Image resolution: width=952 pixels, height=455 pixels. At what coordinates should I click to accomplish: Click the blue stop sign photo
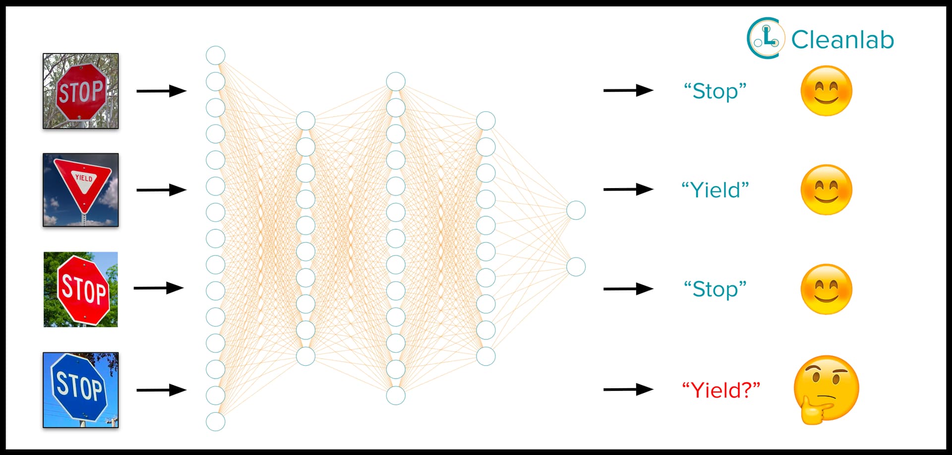pyautogui.click(x=80, y=390)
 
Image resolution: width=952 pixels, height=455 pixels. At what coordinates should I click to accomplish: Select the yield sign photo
pyautogui.click(x=80, y=190)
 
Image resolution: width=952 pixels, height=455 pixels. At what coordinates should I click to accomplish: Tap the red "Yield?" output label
pyautogui.click(x=720, y=390)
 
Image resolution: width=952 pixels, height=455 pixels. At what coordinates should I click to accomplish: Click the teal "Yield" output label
pyautogui.click(x=715, y=190)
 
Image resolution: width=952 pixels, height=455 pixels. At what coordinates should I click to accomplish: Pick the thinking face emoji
pyautogui.click(x=826, y=390)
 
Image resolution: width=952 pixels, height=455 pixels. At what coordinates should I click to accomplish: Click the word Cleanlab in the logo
pyautogui.click(x=842, y=40)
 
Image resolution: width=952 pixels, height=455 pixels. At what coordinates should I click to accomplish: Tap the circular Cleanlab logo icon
pyautogui.click(x=766, y=38)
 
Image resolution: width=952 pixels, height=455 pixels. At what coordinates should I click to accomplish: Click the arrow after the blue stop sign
pyautogui.click(x=161, y=390)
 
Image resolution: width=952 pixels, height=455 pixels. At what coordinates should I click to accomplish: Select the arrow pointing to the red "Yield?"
pyautogui.click(x=628, y=390)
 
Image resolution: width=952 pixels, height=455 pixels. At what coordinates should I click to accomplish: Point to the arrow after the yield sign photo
pyautogui.click(x=161, y=190)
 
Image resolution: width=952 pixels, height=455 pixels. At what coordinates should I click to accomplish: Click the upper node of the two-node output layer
pyautogui.click(x=576, y=210)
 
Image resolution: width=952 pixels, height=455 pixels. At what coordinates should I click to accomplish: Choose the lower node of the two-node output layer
pyautogui.click(x=576, y=267)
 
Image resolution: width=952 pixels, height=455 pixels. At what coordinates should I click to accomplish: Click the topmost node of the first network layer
pyautogui.click(x=216, y=55)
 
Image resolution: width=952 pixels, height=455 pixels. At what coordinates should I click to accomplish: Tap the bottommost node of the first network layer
pyautogui.click(x=216, y=422)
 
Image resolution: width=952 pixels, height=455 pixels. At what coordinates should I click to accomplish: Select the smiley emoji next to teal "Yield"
pyautogui.click(x=826, y=190)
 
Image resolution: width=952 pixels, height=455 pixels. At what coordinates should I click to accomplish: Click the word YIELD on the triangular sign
pyautogui.click(x=83, y=178)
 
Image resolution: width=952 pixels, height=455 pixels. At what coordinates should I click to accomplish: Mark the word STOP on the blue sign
pyautogui.click(x=79, y=386)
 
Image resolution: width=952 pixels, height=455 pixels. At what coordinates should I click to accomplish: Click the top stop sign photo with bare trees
pyautogui.click(x=80, y=91)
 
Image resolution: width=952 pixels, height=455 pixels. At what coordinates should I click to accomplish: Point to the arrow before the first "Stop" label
pyautogui.click(x=628, y=90)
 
